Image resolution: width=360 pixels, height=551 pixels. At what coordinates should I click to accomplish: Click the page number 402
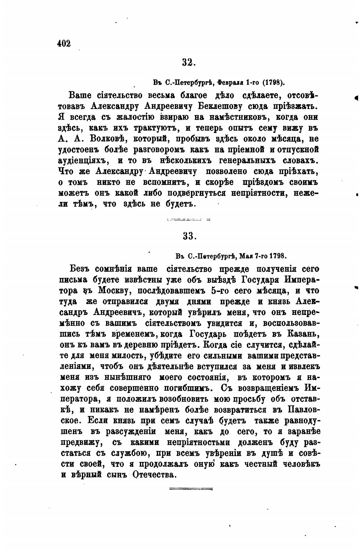[64, 43]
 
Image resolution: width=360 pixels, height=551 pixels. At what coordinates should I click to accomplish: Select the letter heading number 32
[189, 62]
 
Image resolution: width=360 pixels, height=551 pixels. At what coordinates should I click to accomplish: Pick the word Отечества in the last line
[153, 475]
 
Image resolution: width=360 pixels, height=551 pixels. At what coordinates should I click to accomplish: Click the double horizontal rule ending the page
[191, 489]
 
